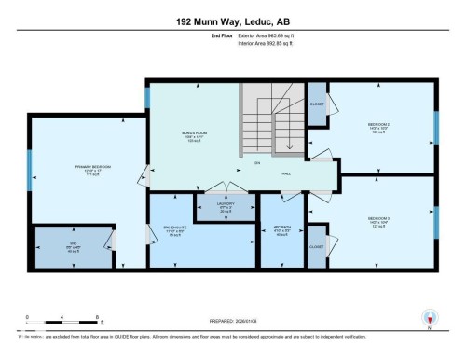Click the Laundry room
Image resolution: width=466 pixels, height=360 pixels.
click(226, 207)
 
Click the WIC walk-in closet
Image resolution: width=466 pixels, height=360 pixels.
click(71, 247)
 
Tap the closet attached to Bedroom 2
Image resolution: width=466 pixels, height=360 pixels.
click(317, 104)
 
